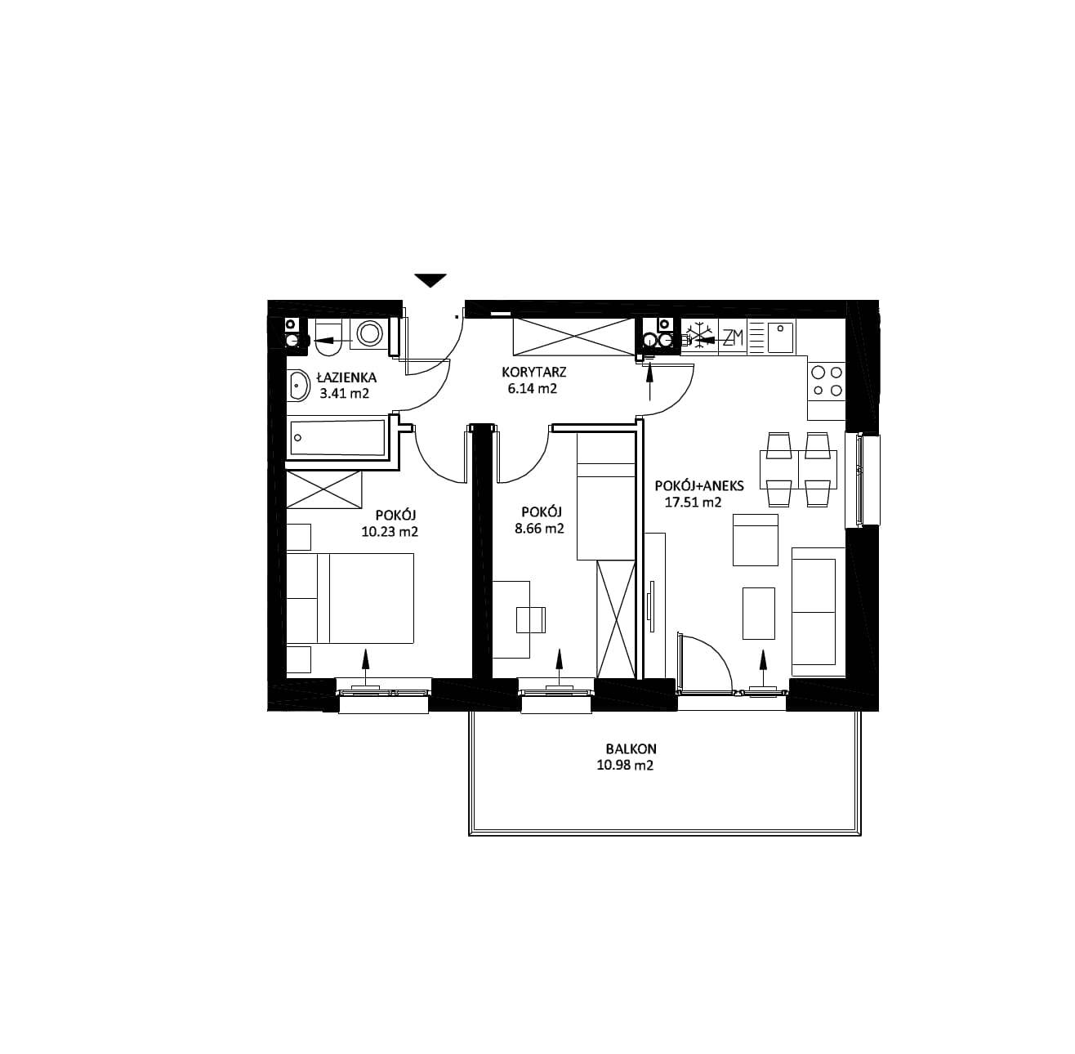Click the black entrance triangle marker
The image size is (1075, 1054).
coord(430,280)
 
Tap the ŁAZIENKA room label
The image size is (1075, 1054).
coord(346,377)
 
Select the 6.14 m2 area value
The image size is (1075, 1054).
coord(533,389)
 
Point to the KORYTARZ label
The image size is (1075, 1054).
coord(534,372)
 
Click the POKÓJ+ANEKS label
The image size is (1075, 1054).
coord(699,485)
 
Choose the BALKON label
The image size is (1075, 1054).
coord(631,748)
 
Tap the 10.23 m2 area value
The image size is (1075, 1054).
coord(390,531)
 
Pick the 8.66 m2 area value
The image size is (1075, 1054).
coord(539,528)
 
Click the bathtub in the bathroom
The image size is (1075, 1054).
coord(337,438)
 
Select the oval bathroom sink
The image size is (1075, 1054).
coord(300,386)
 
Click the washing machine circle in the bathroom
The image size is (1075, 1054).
coord(369,334)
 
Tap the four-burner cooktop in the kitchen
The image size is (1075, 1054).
coord(827,382)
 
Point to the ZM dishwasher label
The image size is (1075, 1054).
coord(733,337)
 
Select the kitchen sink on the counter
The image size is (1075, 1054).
coord(780,337)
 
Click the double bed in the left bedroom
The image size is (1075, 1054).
coord(350,598)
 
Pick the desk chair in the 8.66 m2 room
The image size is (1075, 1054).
coord(530,619)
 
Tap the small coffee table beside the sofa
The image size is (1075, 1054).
coord(759,613)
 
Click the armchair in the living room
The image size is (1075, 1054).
coord(756,540)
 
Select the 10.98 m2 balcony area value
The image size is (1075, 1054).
coord(625,766)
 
